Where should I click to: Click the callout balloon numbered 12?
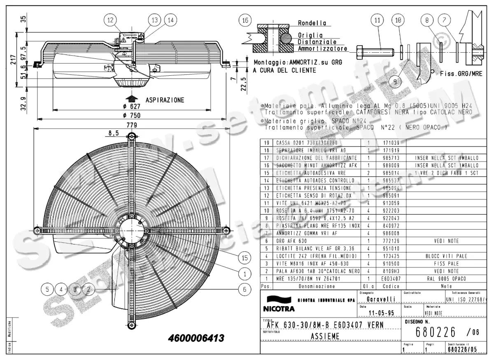click(110, 20)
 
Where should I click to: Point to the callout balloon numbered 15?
click(245, 258)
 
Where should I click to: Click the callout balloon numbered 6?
click(245, 289)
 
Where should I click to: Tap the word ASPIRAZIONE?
click(165, 100)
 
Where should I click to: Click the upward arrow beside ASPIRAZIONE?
click(132, 99)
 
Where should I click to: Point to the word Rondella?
click(312, 23)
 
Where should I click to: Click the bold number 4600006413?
click(196, 338)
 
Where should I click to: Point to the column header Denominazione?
click(317, 286)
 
